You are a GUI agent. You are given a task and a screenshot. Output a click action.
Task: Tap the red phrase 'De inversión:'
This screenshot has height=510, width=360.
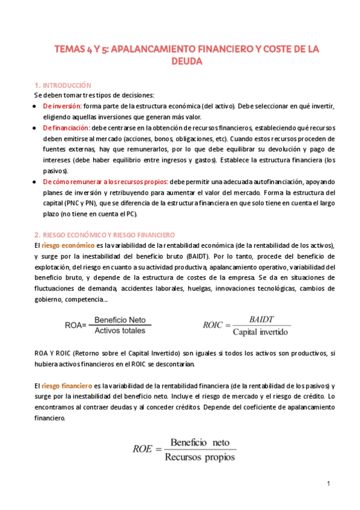[62, 106]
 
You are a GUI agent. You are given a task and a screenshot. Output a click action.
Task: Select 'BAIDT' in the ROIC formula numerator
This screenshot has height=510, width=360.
[261, 320]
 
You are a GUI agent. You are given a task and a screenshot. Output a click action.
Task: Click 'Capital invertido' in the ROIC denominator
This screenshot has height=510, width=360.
[261, 331]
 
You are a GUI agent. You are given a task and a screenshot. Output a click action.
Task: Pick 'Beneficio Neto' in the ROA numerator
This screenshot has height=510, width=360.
[120, 319]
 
